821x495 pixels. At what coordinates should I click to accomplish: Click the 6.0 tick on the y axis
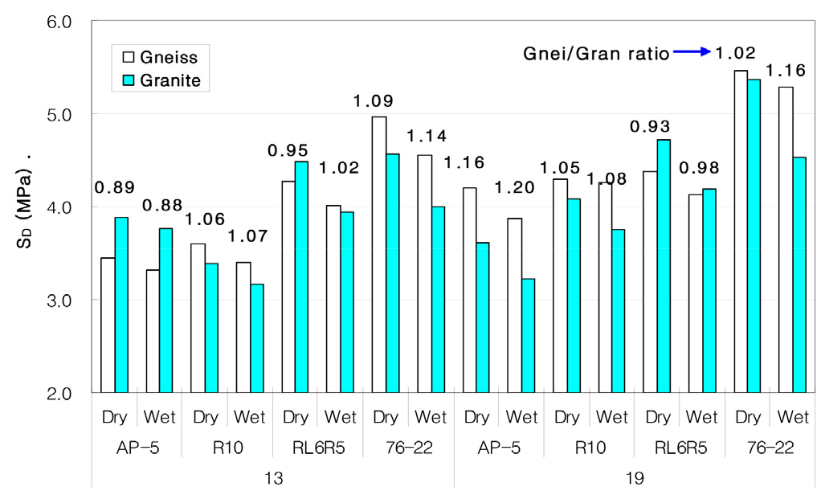pos(59,21)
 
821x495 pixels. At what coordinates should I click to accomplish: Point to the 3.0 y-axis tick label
pos(59,301)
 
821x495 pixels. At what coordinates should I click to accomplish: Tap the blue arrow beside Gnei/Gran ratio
pos(692,52)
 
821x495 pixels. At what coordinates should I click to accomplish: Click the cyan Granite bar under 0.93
pos(664,266)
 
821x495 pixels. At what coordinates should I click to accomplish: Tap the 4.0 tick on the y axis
pos(59,207)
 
